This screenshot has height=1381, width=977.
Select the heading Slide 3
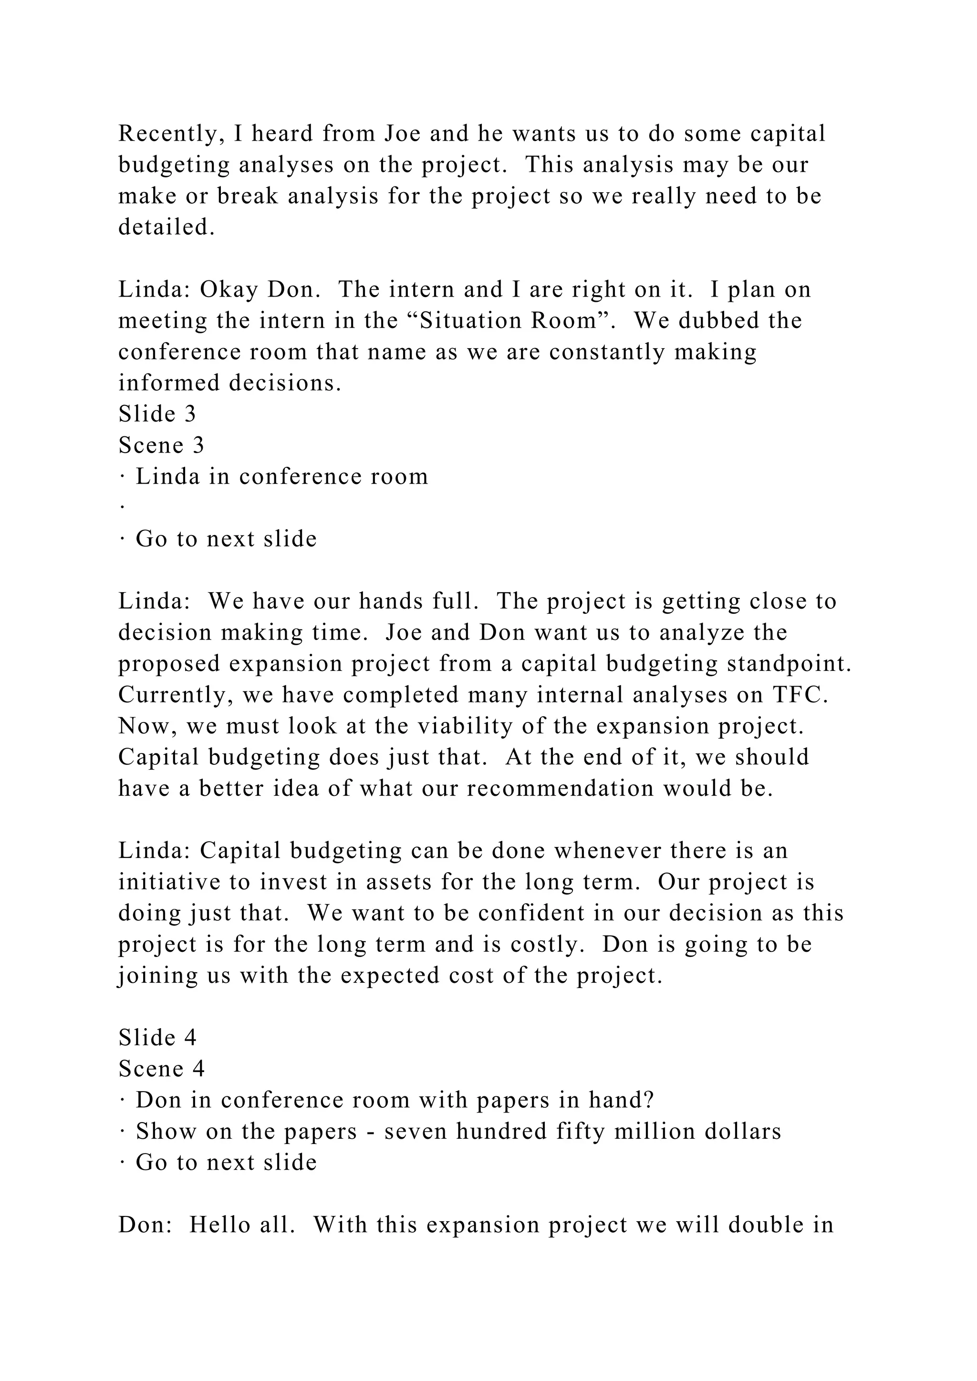(x=157, y=414)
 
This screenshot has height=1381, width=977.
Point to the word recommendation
(x=560, y=789)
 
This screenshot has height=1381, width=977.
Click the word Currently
(x=176, y=695)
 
